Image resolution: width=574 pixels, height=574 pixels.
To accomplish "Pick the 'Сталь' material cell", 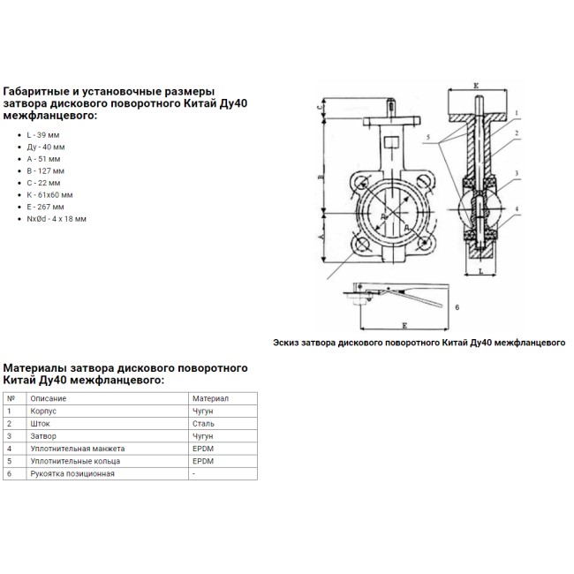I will pos(204,423).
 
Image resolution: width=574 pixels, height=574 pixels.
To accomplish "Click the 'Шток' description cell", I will pos(39,423).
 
